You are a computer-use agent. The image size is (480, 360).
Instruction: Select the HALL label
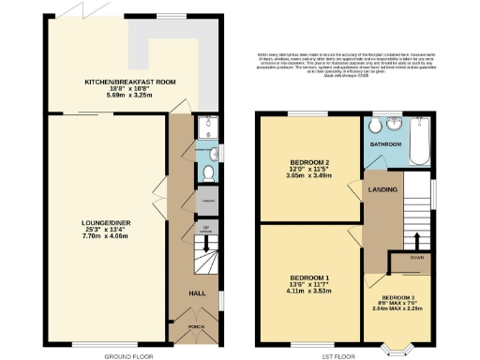pyautogui.click(x=198, y=293)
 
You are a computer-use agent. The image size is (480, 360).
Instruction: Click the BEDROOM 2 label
pyautogui.click(x=308, y=163)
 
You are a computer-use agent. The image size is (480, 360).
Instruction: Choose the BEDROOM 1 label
pyautogui.click(x=308, y=278)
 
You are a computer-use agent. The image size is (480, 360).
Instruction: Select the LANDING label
pyautogui.click(x=382, y=190)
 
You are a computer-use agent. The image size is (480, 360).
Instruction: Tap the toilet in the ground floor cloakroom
pyautogui.click(x=207, y=172)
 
